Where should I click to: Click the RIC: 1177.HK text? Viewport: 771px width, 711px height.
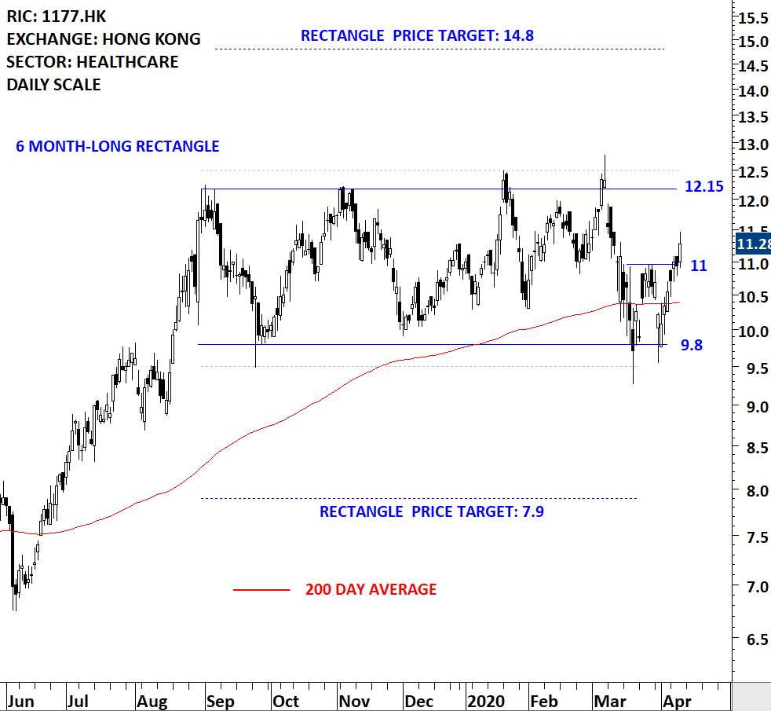[57, 16]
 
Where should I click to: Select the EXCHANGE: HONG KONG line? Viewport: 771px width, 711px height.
[104, 38]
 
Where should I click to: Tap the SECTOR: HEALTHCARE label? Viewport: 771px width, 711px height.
[93, 61]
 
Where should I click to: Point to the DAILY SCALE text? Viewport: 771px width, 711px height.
[53, 84]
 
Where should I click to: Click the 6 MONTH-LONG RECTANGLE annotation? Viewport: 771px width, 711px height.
[117, 146]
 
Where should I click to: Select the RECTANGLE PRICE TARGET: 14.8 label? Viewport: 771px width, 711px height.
[417, 35]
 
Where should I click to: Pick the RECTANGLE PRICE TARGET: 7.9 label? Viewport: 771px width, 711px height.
[431, 512]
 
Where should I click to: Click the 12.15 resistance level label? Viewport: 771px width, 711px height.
[703, 187]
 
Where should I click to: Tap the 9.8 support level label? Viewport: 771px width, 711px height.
[692, 345]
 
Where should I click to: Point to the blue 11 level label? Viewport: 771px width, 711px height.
[698, 266]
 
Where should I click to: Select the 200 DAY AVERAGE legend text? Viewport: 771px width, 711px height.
[371, 589]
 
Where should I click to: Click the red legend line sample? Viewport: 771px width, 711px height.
[261, 589]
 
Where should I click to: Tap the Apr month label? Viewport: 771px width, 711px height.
[677, 701]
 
